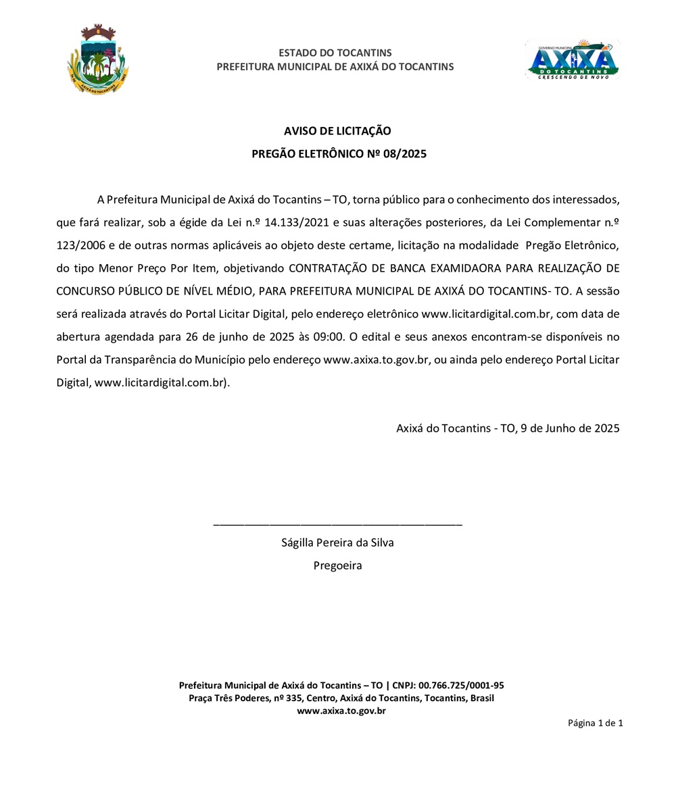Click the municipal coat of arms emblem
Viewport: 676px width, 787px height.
coord(98,59)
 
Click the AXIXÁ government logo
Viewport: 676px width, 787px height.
coord(573,59)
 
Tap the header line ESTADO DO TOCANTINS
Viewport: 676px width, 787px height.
coord(335,53)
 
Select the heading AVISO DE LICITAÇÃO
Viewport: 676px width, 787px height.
coord(337,131)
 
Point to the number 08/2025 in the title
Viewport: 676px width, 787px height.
coord(404,154)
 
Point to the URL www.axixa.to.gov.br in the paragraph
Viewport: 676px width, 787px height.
coord(377,359)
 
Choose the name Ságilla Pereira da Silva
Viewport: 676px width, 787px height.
coord(337,542)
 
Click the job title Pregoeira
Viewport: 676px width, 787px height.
coord(337,565)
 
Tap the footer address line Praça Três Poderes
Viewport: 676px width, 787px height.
coord(341,698)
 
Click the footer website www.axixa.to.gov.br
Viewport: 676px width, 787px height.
coord(341,711)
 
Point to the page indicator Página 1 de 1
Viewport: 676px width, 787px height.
coord(595,723)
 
